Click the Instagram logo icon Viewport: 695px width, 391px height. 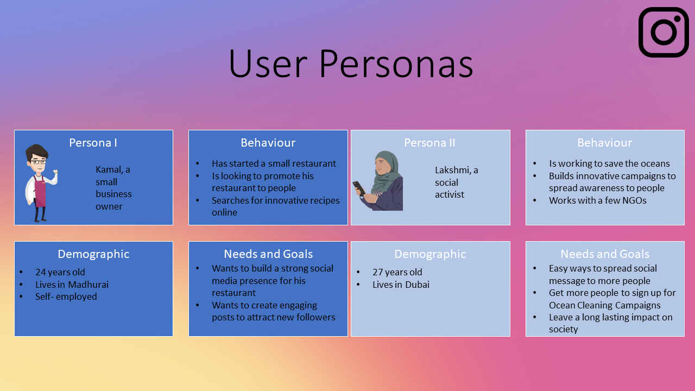point(664,32)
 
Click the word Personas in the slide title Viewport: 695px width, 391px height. point(396,64)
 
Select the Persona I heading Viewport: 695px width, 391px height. point(93,143)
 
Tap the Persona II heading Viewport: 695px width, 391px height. point(429,143)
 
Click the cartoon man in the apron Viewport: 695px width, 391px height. point(40,183)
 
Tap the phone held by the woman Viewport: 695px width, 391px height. point(359,188)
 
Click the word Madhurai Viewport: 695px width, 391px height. point(88,285)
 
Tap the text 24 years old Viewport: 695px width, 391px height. point(60,272)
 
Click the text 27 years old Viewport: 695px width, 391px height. point(397,272)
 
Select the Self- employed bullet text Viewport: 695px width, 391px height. point(66,297)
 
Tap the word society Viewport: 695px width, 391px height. point(563,329)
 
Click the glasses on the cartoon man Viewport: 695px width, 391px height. point(39,162)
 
